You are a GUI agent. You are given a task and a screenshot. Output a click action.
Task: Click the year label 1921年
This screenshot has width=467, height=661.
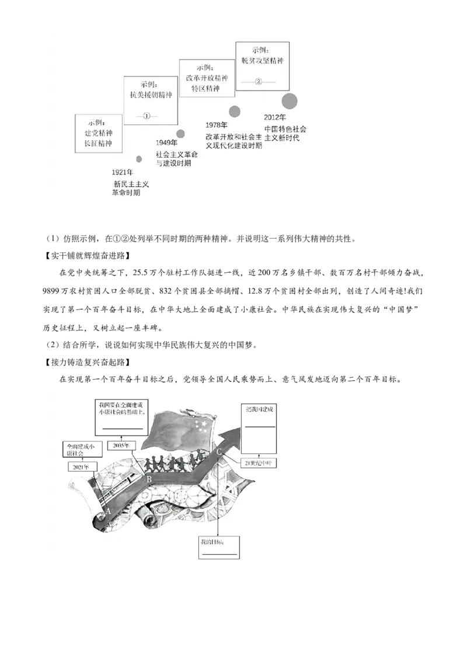point(123,173)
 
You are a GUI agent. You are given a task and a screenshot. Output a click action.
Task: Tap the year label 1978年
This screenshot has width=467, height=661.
point(217,126)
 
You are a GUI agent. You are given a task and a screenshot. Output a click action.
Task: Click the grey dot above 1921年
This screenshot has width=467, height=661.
point(139,159)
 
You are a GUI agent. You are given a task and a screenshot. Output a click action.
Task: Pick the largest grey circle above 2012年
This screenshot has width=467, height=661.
point(290,100)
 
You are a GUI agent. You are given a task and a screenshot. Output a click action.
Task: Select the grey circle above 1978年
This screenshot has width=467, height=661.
point(235,112)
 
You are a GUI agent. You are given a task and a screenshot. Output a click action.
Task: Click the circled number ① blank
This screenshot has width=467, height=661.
point(147,116)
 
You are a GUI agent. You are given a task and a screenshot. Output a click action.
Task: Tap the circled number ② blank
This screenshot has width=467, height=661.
point(259,82)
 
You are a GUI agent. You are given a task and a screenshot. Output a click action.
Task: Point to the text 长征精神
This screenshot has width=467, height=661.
point(98,144)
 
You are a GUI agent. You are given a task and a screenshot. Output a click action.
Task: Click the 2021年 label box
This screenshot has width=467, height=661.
point(79,467)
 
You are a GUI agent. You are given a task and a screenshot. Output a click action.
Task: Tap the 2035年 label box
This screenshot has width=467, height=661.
point(121,446)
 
